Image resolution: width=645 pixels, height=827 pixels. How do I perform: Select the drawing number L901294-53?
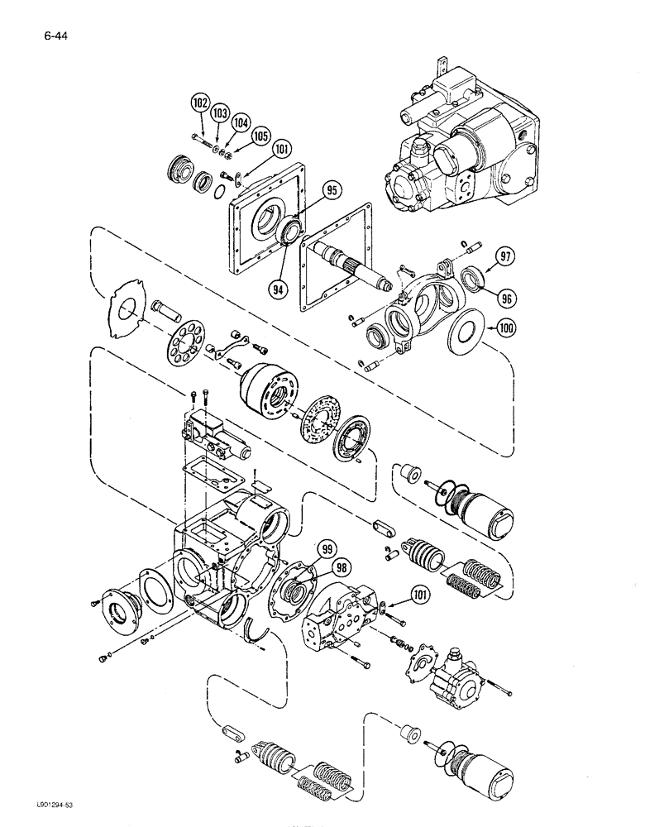[x=35, y=813]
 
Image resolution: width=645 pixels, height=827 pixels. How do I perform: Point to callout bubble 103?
[x=219, y=112]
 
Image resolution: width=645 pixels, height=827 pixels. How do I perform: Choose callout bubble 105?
[x=260, y=134]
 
